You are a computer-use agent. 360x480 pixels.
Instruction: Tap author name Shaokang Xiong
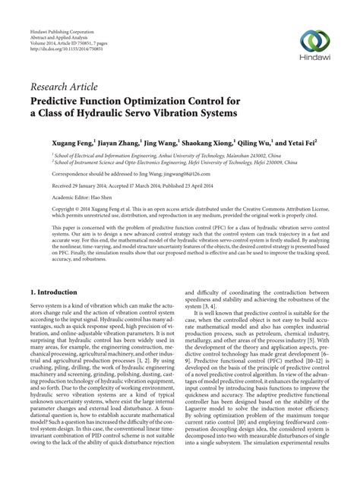[x=182, y=141]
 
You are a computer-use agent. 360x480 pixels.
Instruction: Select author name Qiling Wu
[x=229, y=141]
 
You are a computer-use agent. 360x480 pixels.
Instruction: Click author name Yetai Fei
[x=279, y=141]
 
